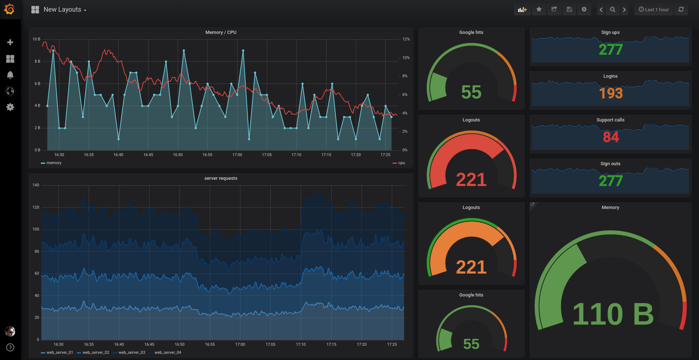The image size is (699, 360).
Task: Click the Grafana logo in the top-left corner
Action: pyautogui.click(x=9, y=9)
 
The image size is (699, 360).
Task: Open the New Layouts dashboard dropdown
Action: pyautogui.click(x=64, y=10)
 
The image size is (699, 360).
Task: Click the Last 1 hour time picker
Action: pyautogui.click(x=653, y=10)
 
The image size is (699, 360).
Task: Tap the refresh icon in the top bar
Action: pyautogui.click(x=681, y=10)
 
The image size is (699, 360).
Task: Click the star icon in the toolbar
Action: pyautogui.click(x=539, y=10)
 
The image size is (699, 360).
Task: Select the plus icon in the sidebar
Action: pyautogui.click(x=10, y=42)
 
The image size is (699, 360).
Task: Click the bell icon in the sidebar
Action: pyautogui.click(x=10, y=75)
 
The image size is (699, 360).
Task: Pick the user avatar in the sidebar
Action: pyautogui.click(x=10, y=331)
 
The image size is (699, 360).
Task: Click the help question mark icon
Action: pyautogui.click(x=10, y=347)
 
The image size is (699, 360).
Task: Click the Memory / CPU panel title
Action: pyautogui.click(x=221, y=32)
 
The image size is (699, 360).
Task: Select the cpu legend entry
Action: pyautogui.click(x=401, y=163)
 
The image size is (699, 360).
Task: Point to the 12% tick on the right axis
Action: pyautogui.click(x=406, y=39)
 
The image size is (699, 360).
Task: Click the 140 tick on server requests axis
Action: pyautogui.click(x=36, y=185)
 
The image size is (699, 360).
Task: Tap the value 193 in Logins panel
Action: pyautogui.click(x=611, y=93)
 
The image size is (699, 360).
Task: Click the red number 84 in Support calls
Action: pyautogui.click(x=611, y=137)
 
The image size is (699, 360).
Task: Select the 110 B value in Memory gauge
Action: pyautogui.click(x=613, y=314)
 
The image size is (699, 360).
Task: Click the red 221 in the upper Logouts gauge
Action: pyautogui.click(x=471, y=180)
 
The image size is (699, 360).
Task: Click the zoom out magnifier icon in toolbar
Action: pyautogui.click(x=613, y=10)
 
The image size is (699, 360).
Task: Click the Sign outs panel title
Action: pyautogui.click(x=610, y=164)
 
